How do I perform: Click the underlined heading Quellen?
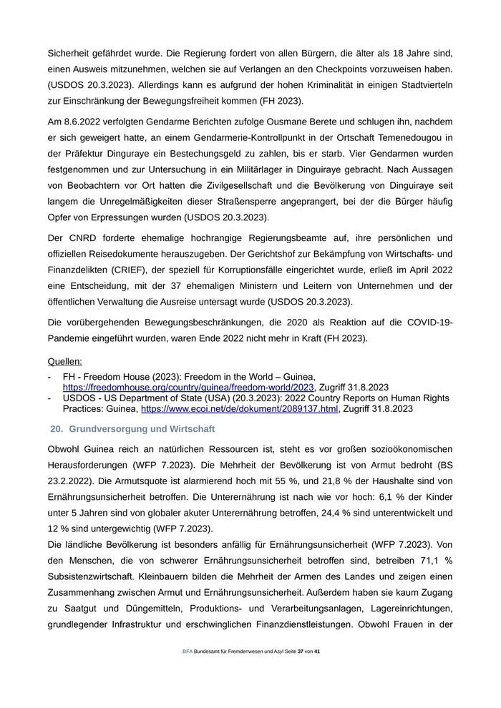[x=64, y=362]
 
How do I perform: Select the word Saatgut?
[x=84, y=609]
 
